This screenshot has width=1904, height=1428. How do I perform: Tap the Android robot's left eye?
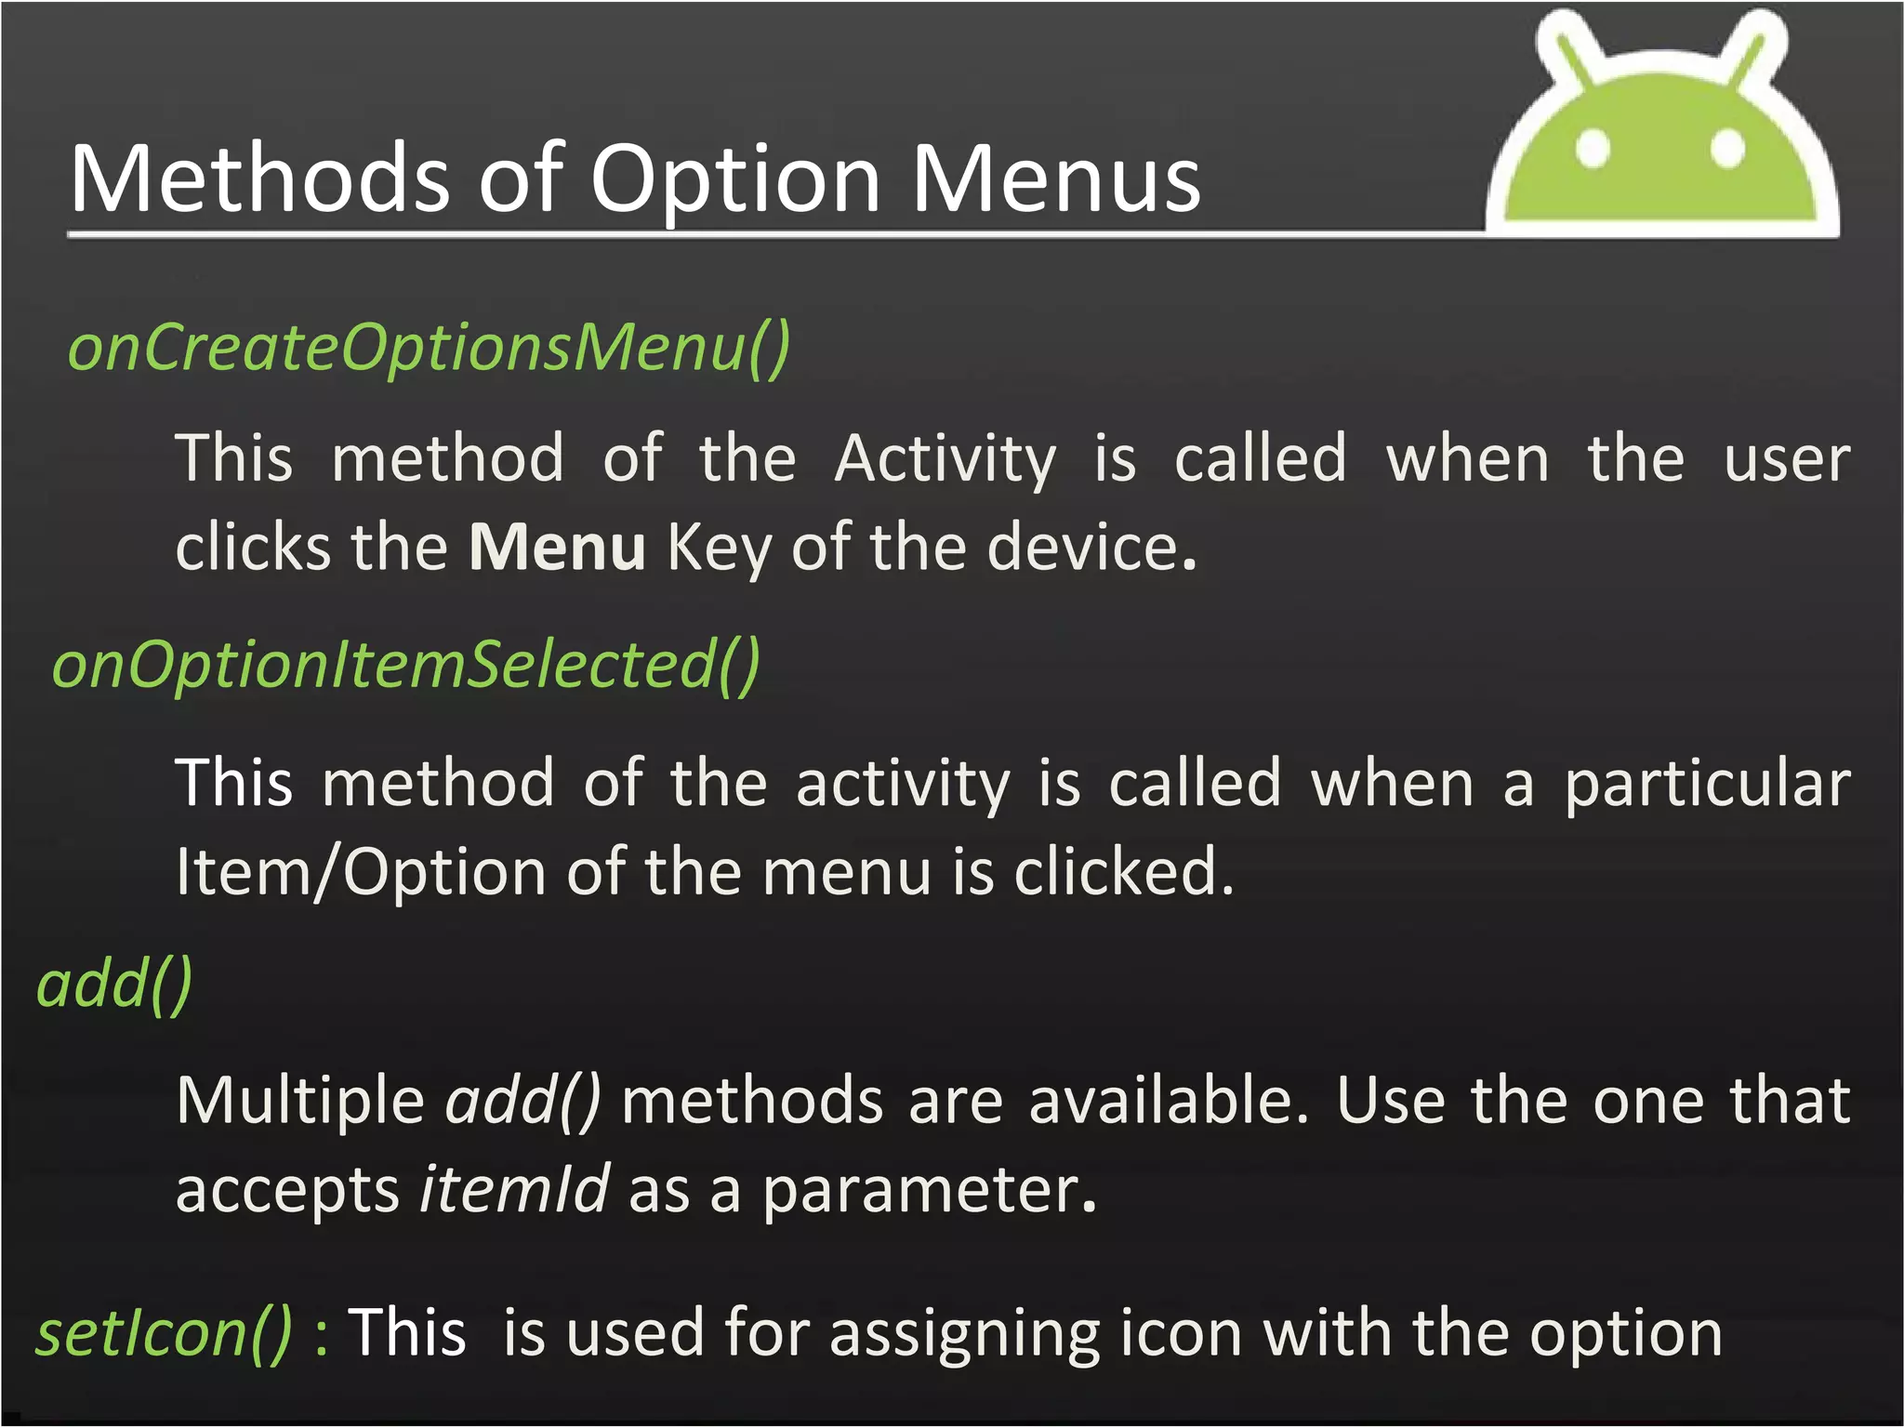1593,148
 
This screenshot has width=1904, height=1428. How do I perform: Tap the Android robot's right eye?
1727,148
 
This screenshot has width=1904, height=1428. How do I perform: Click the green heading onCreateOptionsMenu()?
429,348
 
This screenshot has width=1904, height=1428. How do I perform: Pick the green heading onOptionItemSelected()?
406,666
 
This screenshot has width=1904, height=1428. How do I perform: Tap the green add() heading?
114,984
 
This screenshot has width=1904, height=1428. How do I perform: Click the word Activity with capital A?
945,459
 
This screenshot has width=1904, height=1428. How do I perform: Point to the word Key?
719,549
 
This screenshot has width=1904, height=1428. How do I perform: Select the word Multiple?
299,1101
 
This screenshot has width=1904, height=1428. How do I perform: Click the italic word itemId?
514,1189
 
